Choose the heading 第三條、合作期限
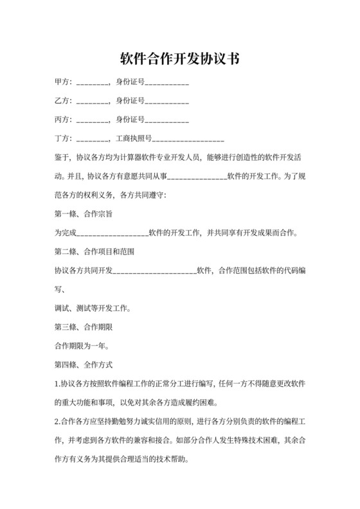[84, 327]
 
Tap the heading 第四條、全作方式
[84, 365]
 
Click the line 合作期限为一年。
[80, 346]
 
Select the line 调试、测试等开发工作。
[93, 308]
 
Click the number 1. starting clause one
[57, 384]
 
